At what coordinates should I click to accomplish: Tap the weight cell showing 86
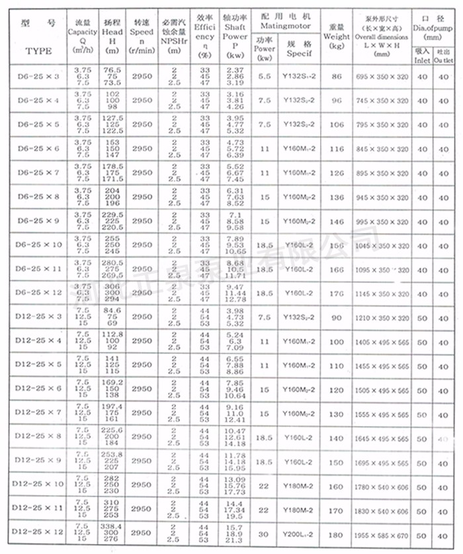tap(337, 77)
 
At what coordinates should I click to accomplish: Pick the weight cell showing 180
tap(337, 533)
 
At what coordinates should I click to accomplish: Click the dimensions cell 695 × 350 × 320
tap(384, 77)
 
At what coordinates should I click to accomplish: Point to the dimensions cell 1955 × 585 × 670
tap(384, 533)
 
